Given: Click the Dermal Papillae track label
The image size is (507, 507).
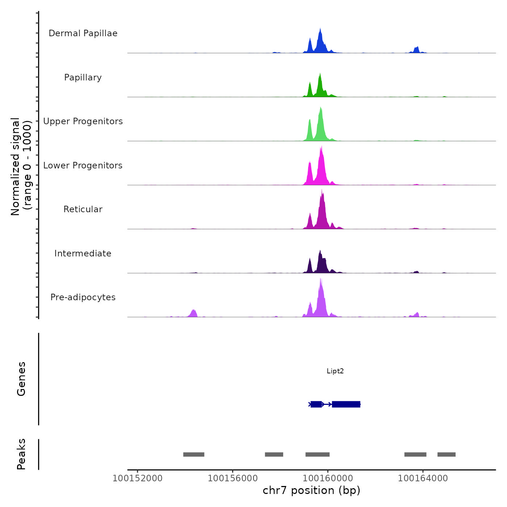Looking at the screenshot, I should pyautogui.click(x=83, y=33).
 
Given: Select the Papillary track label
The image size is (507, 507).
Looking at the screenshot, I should pyautogui.click(x=83, y=77).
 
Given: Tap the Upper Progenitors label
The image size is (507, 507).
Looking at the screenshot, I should pyautogui.click(x=83, y=121).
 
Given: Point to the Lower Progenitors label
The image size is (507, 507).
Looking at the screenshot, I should pyautogui.click(x=83, y=165).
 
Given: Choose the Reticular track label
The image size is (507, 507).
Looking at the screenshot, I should pyautogui.click(x=83, y=209).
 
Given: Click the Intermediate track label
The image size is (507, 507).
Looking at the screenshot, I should pyautogui.click(x=83, y=253).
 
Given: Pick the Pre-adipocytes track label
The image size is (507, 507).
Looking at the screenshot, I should pyautogui.click(x=83, y=297).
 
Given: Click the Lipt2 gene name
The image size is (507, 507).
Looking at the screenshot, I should pyautogui.click(x=335, y=371).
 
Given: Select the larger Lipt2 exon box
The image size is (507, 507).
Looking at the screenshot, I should pyautogui.click(x=346, y=404).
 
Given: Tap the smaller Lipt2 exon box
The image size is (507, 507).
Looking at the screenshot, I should pyautogui.click(x=316, y=404).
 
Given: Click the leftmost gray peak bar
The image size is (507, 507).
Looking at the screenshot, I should pyautogui.click(x=194, y=454).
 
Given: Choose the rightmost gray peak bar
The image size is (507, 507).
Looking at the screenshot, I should pyautogui.click(x=446, y=454).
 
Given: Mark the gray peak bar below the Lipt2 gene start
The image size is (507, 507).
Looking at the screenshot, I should pyautogui.click(x=317, y=454).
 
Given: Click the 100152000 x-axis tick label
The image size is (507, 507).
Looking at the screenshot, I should pyautogui.click(x=137, y=478).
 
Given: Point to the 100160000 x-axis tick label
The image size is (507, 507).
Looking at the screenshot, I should pyautogui.click(x=328, y=478).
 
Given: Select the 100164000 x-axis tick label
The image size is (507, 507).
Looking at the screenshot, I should pyautogui.click(x=423, y=478).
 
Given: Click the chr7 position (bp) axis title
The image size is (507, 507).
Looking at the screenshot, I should pyautogui.click(x=311, y=490).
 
